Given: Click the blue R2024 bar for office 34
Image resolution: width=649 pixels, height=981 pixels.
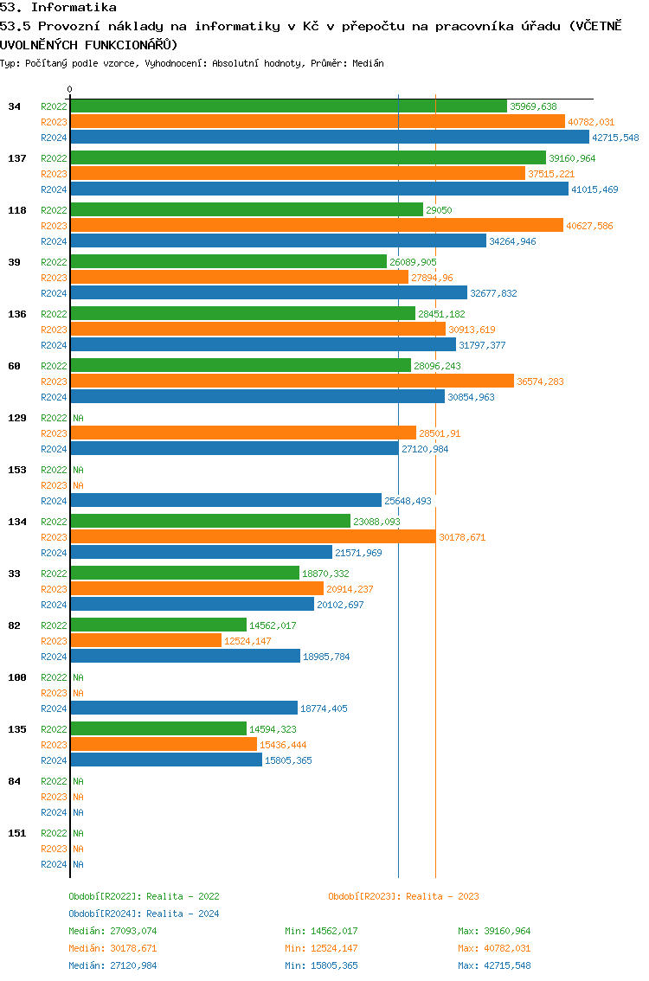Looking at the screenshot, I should point(329,138).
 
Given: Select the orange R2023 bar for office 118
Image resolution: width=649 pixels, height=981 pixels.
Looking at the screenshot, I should point(316,226).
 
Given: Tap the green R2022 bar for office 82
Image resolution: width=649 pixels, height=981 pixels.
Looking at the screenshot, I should point(158,625).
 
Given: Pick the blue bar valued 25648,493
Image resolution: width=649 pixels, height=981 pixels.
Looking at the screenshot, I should point(226,501).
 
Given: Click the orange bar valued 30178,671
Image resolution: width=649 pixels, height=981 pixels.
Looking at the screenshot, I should point(253,537).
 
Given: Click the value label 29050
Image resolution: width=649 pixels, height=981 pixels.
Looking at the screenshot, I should point(439,210).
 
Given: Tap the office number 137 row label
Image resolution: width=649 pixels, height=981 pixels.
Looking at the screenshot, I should point(16,158).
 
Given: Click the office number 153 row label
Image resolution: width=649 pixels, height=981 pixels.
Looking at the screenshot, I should point(16,470).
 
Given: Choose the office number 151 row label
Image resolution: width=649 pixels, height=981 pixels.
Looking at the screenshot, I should point(16,833).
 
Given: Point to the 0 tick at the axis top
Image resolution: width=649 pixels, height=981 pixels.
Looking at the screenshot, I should point(70,90).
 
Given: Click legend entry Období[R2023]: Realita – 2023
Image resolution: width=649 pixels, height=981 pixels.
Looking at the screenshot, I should point(403,896).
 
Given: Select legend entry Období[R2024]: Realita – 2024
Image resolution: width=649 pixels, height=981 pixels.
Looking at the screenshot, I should point(144,914).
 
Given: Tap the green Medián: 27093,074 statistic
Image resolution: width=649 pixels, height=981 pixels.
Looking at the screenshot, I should point(112,931).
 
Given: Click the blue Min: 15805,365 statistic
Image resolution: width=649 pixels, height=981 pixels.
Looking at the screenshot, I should point(321,965).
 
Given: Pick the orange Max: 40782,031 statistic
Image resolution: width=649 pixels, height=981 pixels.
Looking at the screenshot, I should point(494,948).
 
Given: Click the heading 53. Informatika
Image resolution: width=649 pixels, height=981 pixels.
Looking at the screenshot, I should point(59,8).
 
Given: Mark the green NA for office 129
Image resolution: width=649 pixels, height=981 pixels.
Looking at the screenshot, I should point(78,418).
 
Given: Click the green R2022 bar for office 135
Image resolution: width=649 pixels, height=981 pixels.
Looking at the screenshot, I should point(158,729).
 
